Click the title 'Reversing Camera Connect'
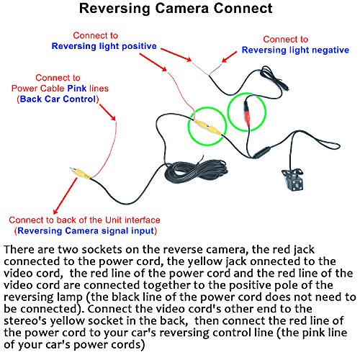pyautogui.click(x=176, y=9)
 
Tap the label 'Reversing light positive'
pyautogui.click(x=104, y=46)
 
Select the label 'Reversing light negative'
pyautogui.click(x=295, y=50)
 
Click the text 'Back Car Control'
pyautogui.click(x=58, y=99)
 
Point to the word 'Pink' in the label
pyautogui.click(x=77, y=89)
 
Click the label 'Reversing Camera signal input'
pyautogui.click(x=86, y=231)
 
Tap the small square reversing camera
pyautogui.click(x=293, y=179)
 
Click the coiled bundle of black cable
pyautogui.click(x=196, y=171)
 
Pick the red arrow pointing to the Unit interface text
pyautogui.click(x=66, y=196)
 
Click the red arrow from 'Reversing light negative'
pyautogui.click(x=229, y=57)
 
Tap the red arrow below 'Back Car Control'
pyautogui.click(x=107, y=112)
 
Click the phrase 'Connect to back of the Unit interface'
pyautogui.click(x=84, y=220)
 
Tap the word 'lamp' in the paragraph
pyautogui.click(x=70, y=297)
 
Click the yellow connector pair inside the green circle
pyautogui.click(x=207, y=127)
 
